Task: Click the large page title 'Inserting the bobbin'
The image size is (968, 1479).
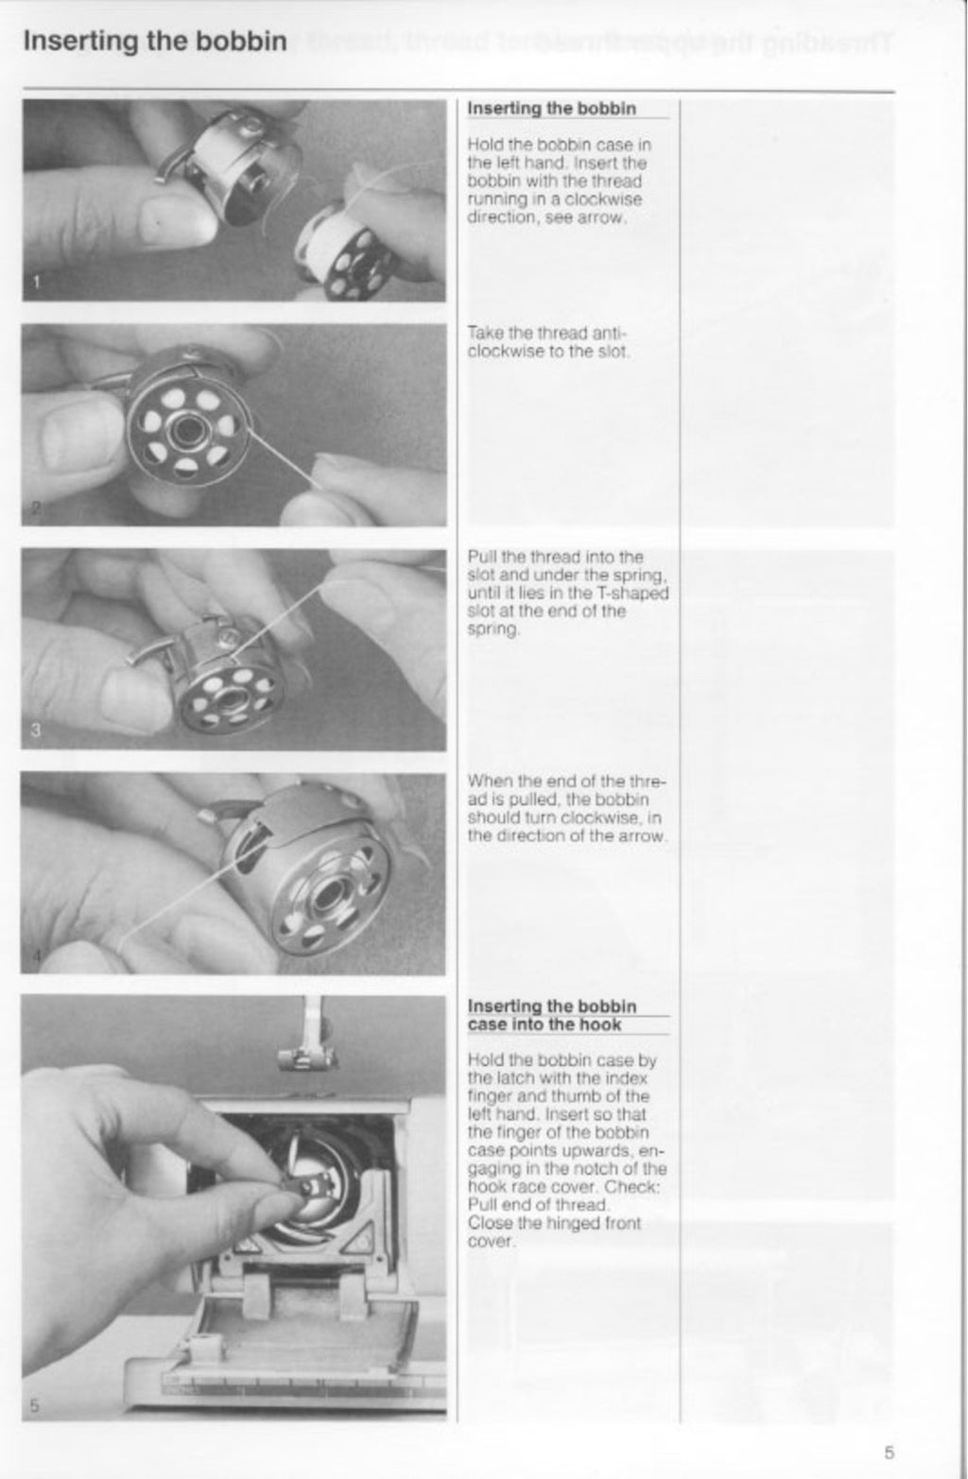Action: pyautogui.click(x=154, y=43)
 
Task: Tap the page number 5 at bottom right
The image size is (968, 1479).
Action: pyautogui.click(x=890, y=1453)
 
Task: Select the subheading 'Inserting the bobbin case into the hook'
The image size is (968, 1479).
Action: pyautogui.click(x=552, y=1016)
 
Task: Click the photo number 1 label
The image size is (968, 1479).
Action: pyautogui.click(x=36, y=281)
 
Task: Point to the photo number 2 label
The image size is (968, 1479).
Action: pyautogui.click(x=35, y=508)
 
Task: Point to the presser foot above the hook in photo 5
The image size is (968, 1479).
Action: pyautogui.click(x=302, y=1055)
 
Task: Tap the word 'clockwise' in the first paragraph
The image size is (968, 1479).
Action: pyautogui.click(x=605, y=199)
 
